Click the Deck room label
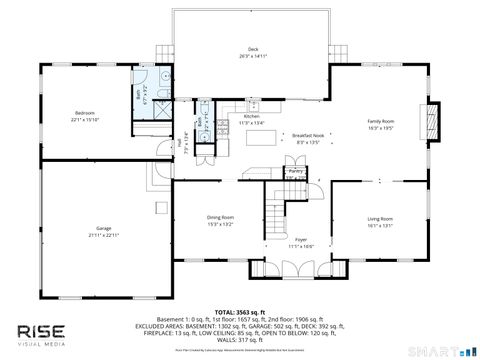[x=253, y=49]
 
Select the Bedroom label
[x=84, y=113]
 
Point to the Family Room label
[x=381, y=120]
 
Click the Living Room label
[x=380, y=218]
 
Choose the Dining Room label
[x=220, y=217]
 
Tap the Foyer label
[x=300, y=240]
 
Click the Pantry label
[x=296, y=172]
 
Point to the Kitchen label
[x=252, y=116]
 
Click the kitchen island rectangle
[x=262, y=139]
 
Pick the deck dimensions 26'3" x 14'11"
[x=253, y=56]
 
